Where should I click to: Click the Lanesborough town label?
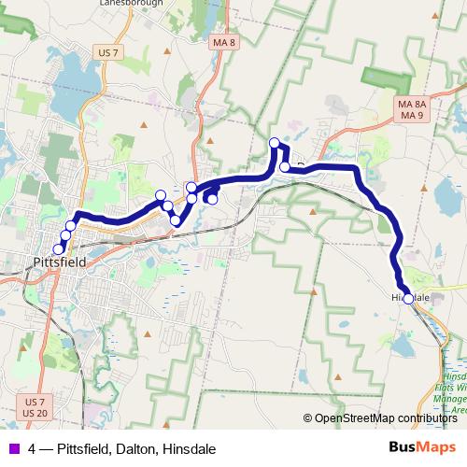[x=131, y=4]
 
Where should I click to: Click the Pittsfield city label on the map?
[x=58, y=262]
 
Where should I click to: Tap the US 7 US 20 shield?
[x=35, y=407]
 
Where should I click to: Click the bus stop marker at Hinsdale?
[x=407, y=298]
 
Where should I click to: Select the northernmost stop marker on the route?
[x=275, y=143]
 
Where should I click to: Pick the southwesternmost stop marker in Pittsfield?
[x=58, y=248]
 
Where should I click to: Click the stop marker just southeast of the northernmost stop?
[x=285, y=167]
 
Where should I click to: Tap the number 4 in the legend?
[x=33, y=448]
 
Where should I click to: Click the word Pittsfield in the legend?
[x=82, y=448]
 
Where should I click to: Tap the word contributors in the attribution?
[x=430, y=418]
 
